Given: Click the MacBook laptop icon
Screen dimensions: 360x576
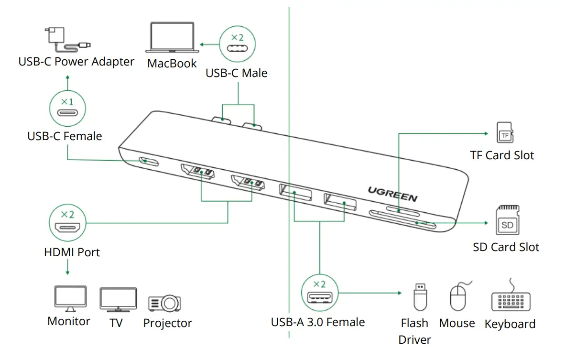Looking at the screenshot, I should (172, 38).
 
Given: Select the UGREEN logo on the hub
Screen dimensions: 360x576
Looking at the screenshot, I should (392, 194).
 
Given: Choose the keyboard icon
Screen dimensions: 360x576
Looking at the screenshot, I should (511, 300).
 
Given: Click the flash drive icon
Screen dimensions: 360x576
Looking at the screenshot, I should (419, 296).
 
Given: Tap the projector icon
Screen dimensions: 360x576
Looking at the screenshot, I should (165, 302).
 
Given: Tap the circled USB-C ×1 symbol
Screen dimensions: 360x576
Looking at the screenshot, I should (67, 109).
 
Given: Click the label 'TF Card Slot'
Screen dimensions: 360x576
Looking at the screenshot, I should (502, 155).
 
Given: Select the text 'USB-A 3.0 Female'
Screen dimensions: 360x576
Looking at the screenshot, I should (318, 322).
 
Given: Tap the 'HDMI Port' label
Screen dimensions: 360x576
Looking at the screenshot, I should (72, 252).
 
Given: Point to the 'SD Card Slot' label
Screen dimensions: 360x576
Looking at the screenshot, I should (506, 247).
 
